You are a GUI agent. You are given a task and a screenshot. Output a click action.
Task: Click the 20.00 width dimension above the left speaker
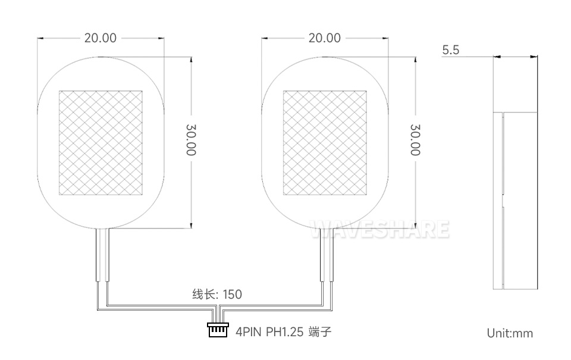point(100,38)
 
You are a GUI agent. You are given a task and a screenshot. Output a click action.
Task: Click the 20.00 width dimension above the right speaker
point(324,38)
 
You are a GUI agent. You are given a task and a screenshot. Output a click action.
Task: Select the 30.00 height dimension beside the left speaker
point(191,140)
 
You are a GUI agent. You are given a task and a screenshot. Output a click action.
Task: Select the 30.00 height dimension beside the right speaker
point(415,140)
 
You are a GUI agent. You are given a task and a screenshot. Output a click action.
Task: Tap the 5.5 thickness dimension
point(451,50)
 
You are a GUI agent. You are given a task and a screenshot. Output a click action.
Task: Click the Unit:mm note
point(510,333)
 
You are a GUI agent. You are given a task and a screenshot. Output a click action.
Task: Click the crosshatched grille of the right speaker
point(325,143)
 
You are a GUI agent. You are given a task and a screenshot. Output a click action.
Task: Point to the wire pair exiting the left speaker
point(102,256)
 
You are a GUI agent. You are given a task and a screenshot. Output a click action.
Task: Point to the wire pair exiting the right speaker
point(326,256)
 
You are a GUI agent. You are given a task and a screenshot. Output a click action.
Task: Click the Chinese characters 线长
point(202,294)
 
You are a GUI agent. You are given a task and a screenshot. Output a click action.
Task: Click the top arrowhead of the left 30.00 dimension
point(191,60)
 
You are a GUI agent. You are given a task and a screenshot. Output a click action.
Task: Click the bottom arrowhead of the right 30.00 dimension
point(415,226)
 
